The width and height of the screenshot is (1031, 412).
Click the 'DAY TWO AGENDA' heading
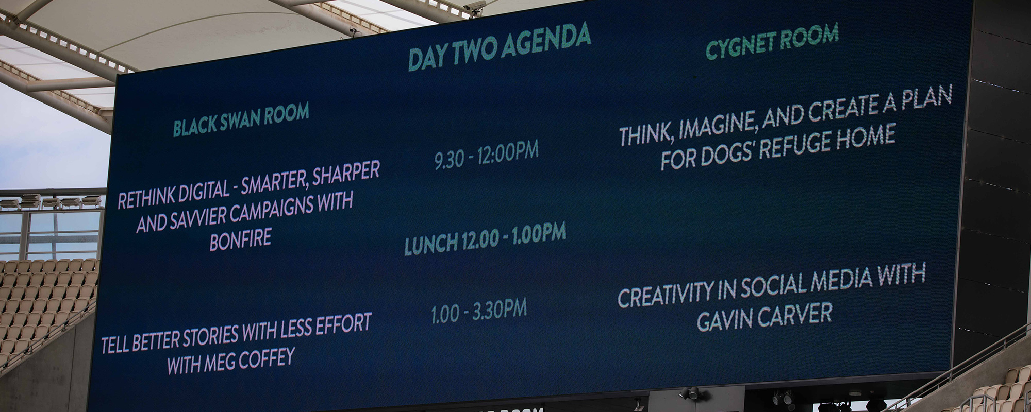pos(499,47)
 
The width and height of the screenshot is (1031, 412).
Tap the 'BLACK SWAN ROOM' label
pos(241,119)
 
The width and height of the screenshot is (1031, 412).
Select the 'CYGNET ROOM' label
pos(772,41)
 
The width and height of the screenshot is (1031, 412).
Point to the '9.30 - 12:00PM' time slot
pos(486,154)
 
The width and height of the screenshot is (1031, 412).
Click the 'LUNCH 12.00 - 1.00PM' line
pos(485,239)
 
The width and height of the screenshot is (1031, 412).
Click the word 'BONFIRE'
pos(240,240)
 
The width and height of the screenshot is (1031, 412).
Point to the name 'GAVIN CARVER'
pos(765,316)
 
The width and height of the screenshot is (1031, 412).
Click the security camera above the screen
pos(476,7)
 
